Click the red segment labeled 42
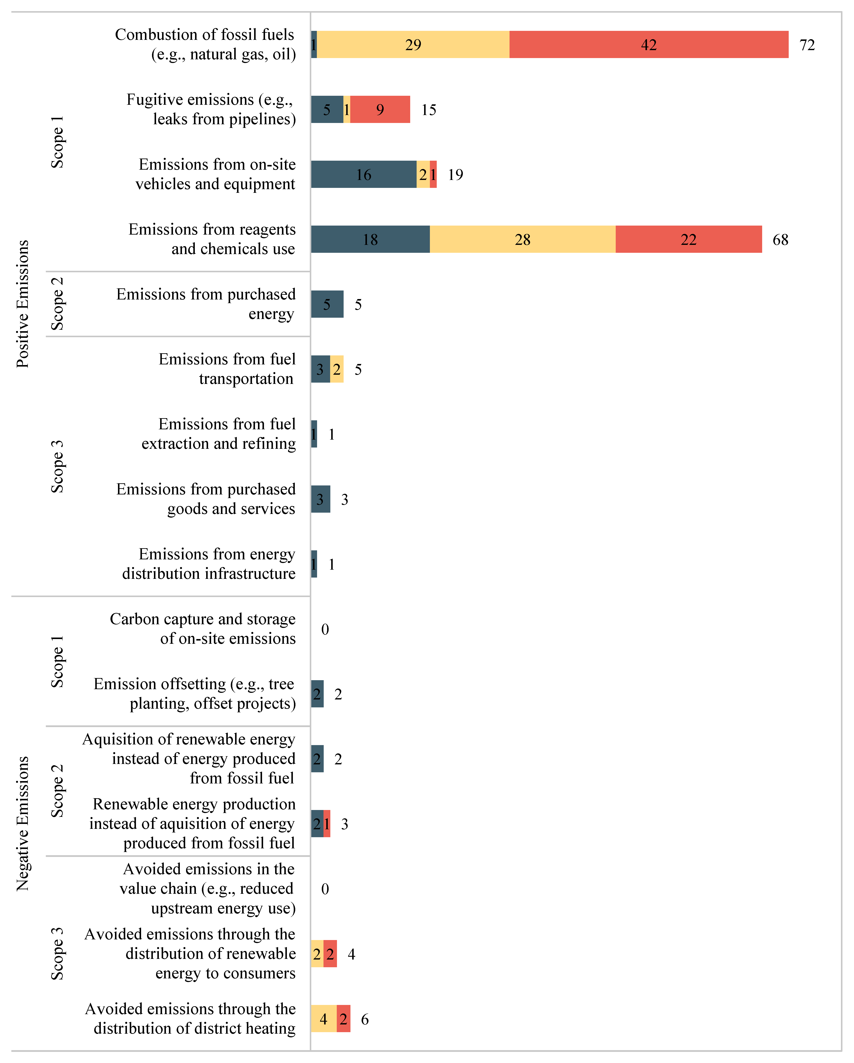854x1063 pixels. [648, 45]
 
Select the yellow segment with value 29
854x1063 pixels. [413, 45]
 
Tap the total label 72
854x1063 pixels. [807, 45]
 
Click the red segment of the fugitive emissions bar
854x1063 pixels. [380, 109]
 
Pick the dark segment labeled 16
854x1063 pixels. [364, 175]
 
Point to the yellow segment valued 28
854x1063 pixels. [522, 240]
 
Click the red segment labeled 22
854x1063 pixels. [689, 240]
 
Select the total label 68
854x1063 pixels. [780, 240]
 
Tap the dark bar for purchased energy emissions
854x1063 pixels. [327, 304]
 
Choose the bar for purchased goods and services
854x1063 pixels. [320, 499]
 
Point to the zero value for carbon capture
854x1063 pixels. [325, 629]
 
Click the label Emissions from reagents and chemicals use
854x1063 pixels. [212, 239]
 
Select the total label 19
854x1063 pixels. [455, 175]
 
